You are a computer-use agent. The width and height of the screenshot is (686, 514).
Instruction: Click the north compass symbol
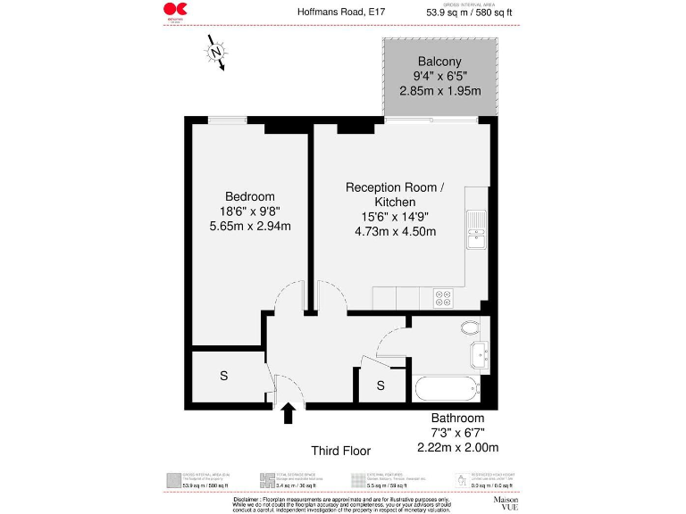pyautogui.click(x=216, y=53)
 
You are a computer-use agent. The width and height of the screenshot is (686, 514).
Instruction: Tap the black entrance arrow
pyautogui.click(x=289, y=414)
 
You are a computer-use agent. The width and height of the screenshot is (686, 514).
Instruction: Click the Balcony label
pyautogui.click(x=439, y=62)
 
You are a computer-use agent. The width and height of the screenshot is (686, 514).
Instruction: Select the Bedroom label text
pyautogui.click(x=250, y=196)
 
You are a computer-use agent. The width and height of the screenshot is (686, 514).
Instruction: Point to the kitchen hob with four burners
pyautogui.click(x=443, y=298)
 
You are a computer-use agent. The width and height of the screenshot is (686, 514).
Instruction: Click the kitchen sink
pyautogui.click(x=476, y=228)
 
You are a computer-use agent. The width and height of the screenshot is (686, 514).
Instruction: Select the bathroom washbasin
pyautogui.click(x=480, y=356)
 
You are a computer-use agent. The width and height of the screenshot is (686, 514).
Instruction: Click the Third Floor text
pyautogui.click(x=340, y=451)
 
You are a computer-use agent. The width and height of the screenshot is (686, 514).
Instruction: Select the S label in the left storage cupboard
pyautogui.click(x=223, y=377)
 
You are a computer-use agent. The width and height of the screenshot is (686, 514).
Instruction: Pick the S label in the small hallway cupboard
pyautogui.click(x=381, y=385)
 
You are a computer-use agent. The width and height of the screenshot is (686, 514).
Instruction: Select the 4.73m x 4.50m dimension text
pyautogui.click(x=395, y=231)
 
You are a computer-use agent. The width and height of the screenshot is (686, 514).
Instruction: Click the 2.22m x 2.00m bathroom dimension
pyautogui.click(x=457, y=447)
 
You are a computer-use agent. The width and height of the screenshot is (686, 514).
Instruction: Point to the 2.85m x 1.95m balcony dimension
pyautogui.click(x=439, y=91)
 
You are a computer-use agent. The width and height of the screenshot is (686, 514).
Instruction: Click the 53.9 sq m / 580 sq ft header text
pyautogui.click(x=471, y=12)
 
